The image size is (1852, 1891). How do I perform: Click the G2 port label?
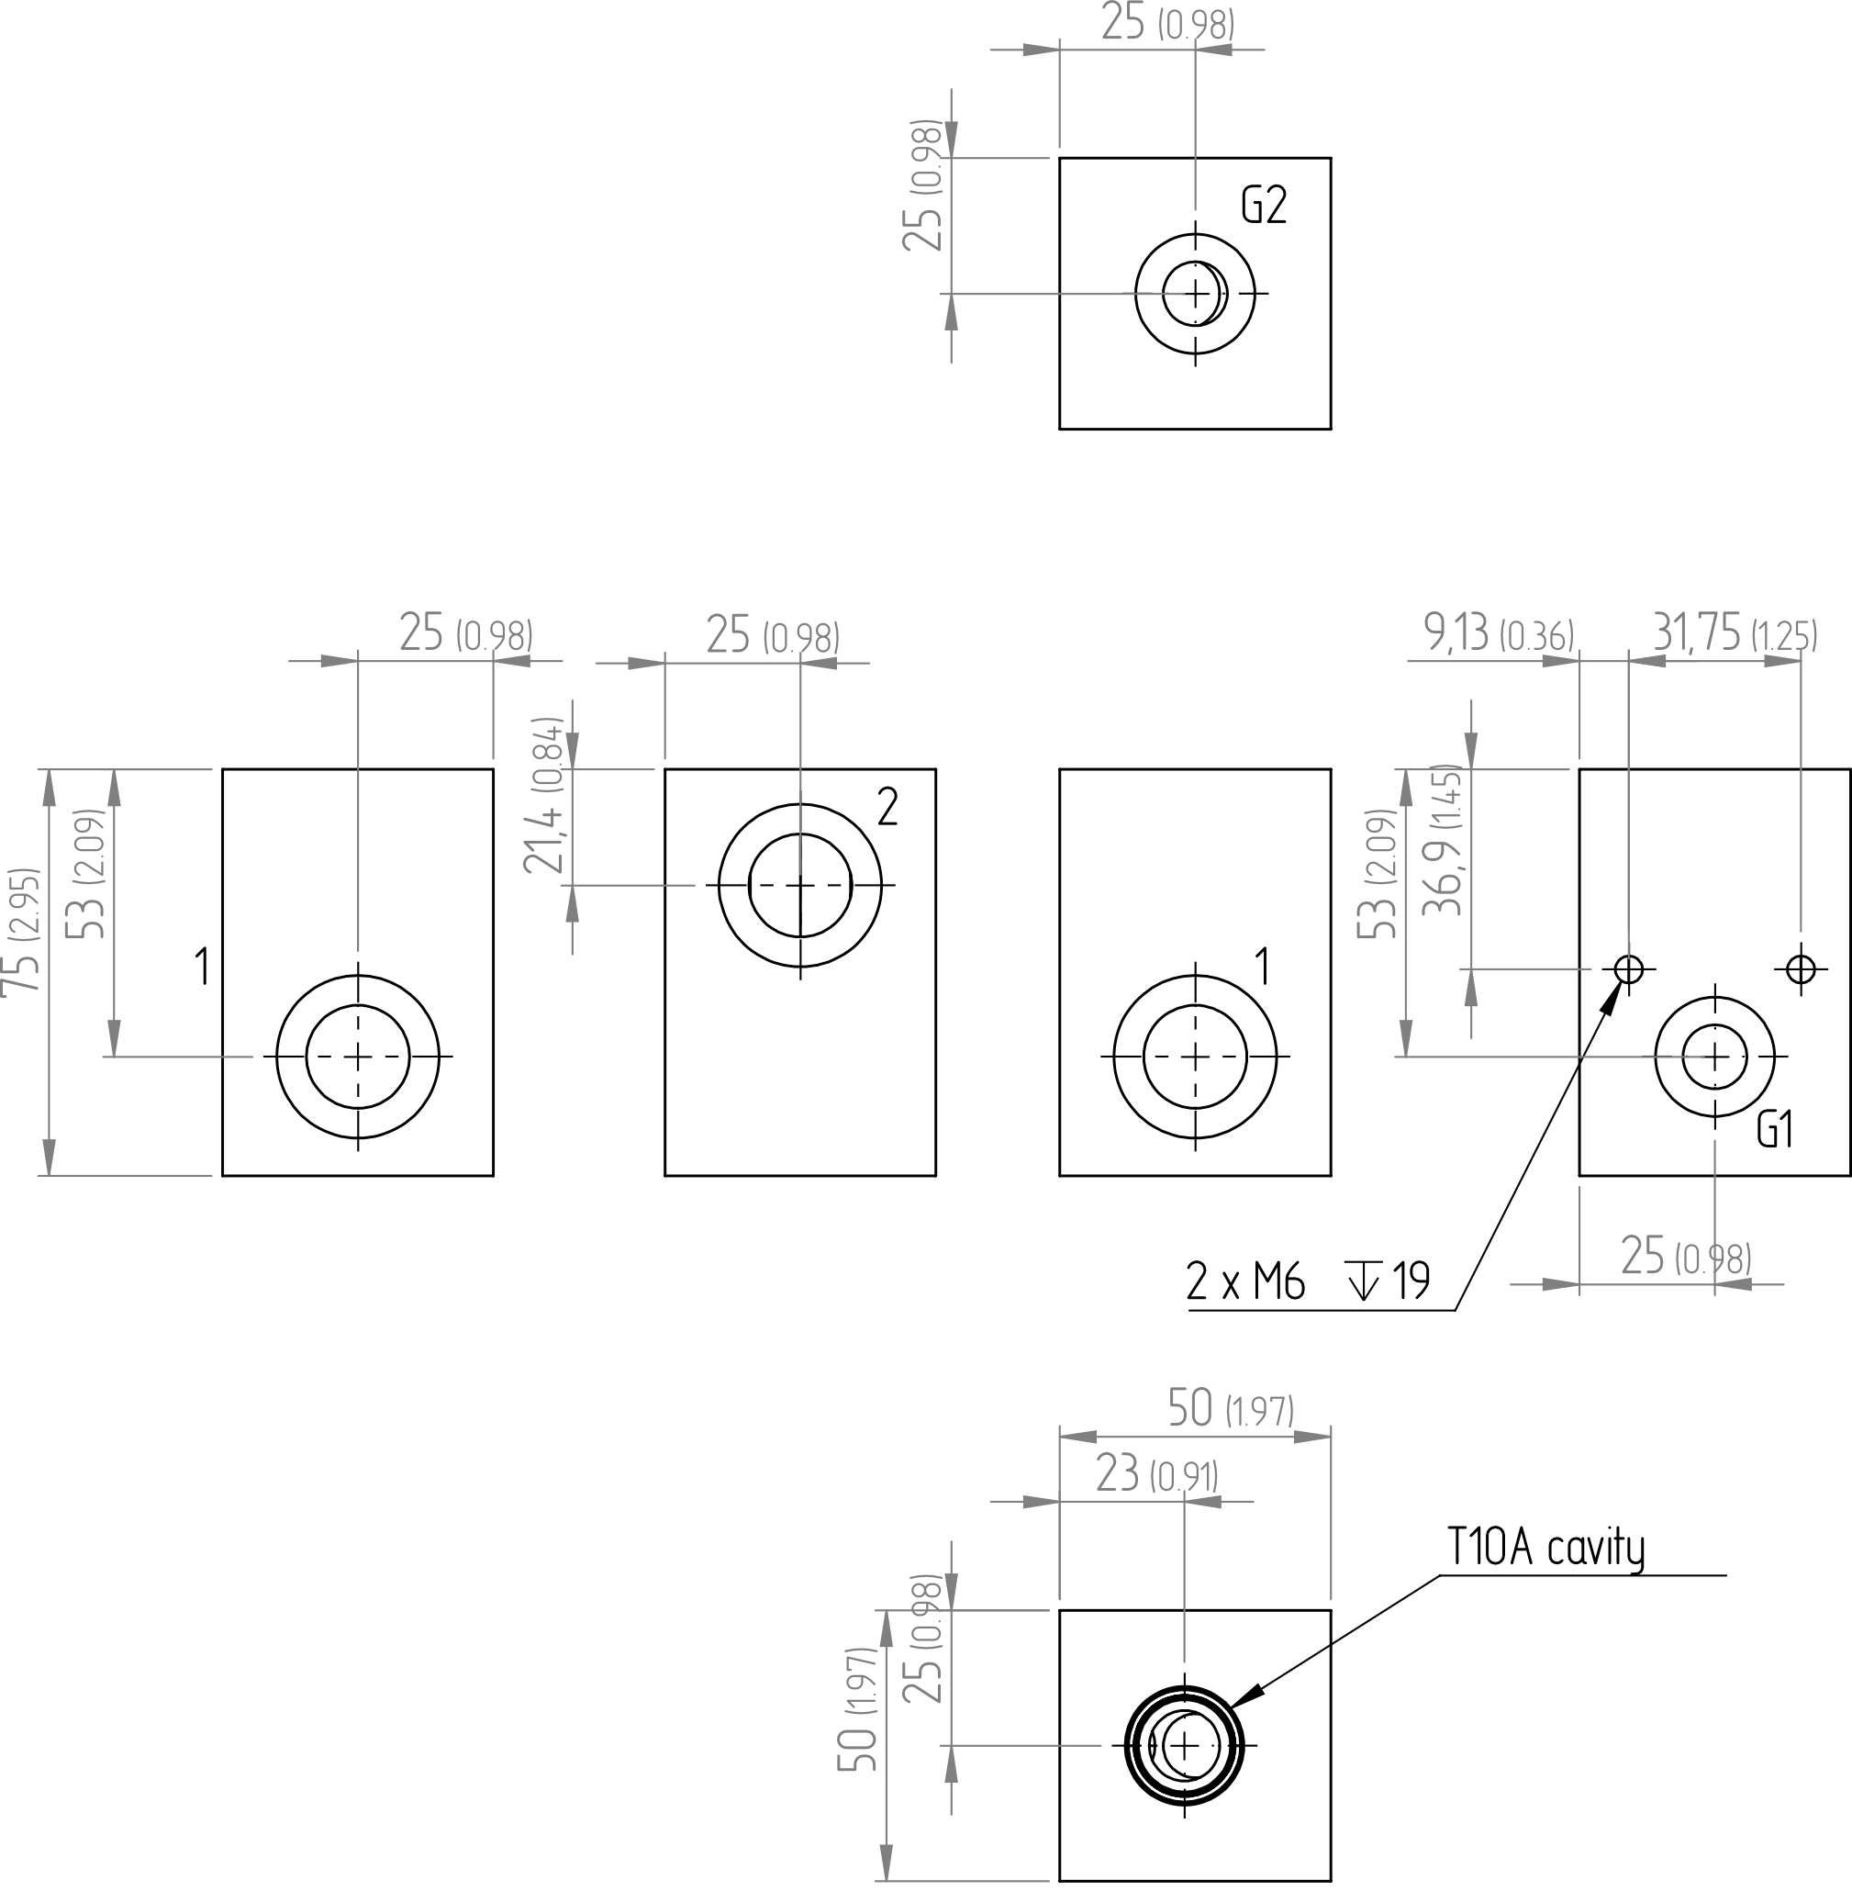click(1264, 206)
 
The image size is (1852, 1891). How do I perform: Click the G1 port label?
click(1775, 1130)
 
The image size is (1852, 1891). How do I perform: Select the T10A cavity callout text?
click(1545, 1548)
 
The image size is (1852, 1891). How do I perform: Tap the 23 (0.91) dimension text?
click(1156, 1472)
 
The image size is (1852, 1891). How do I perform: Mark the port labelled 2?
click(799, 885)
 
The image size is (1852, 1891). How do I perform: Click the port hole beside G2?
click(1196, 293)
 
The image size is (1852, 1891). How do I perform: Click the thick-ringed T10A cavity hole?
click(1184, 1745)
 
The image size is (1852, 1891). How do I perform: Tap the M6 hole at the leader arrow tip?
click(1628, 968)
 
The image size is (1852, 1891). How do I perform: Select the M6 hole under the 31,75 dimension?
click(1802, 968)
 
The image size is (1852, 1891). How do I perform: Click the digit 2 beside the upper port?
click(887, 806)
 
